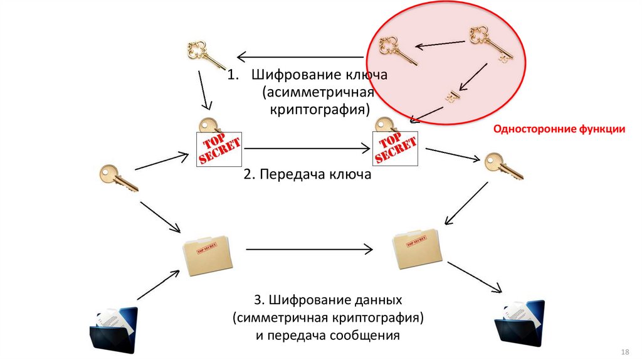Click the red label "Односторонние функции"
[559, 130]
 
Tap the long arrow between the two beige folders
[308, 250]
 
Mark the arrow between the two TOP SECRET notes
[308, 149]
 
